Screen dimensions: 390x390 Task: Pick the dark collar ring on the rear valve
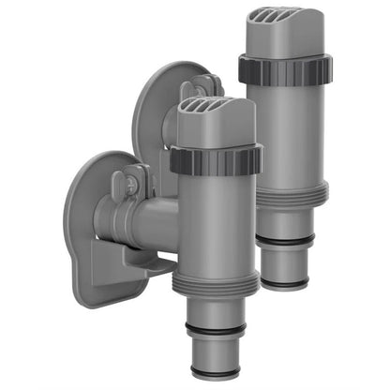282,67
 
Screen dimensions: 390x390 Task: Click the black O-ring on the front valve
217,330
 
